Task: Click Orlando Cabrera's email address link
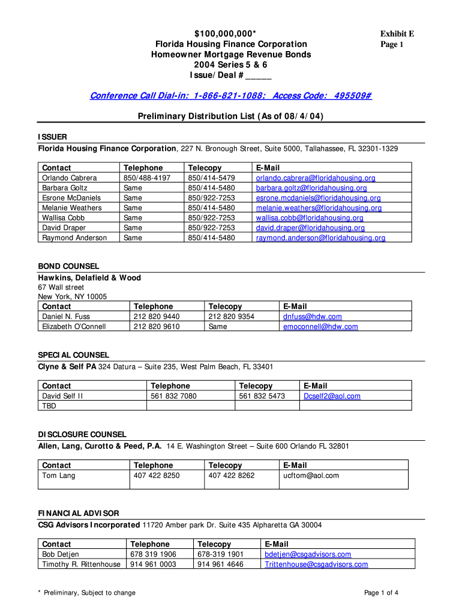coord(316,178)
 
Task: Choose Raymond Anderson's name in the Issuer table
coord(74,238)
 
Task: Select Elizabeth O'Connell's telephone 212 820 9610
coord(157,327)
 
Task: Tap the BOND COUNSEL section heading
coord(69,266)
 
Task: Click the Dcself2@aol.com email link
coord(332,396)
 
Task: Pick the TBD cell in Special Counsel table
coord(49,406)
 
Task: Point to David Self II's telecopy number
coord(262,396)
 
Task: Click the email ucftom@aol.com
coord(311,476)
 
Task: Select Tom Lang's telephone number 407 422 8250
coord(156,476)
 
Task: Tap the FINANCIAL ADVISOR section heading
coord(79,514)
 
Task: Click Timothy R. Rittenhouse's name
coord(82,565)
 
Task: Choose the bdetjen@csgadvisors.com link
coord(308,554)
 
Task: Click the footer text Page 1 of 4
coord(382,593)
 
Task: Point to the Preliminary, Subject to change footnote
coord(86,593)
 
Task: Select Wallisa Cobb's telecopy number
coord(211,218)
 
